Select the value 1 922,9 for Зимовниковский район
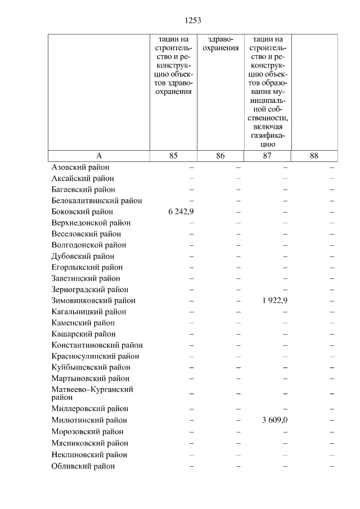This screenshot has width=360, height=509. pyautogui.click(x=274, y=300)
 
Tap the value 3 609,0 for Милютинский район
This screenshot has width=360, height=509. pyautogui.click(x=274, y=420)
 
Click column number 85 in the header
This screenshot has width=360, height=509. pyautogui.click(x=173, y=156)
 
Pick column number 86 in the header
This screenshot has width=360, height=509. pyautogui.click(x=220, y=156)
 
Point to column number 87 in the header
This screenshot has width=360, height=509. pyautogui.click(x=267, y=156)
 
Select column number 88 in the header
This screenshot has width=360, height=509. pyautogui.click(x=314, y=156)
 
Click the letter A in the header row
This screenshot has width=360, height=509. pyautogui.click(x=99, y=156)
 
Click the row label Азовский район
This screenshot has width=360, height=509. pyautogui.click(x=80, y=168)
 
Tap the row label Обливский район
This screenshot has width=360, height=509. pyautogui.click(x=83, y=466)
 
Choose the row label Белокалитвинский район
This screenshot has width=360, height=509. pyautogui.click(x=96, y=201)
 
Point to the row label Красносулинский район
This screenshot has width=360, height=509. pyautogui.click(x=94, y=356)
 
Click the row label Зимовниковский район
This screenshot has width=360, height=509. pyautogui.click(x=93, y=300)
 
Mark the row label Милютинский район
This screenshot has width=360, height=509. pyautogui.click(x=89, y=420)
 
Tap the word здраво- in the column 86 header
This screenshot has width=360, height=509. pyautogui.click(x=220, y=39)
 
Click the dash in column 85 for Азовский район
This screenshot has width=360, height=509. pyautogui.click(x=191, y=168)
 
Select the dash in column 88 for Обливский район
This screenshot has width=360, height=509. pyautogui.click(x=332, y=466)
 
